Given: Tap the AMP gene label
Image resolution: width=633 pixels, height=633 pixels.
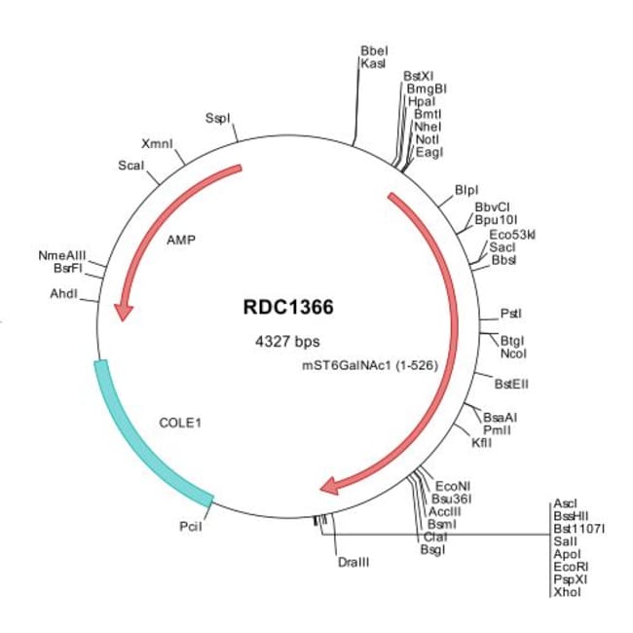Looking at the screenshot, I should pyautogui.click(x=181, y=238).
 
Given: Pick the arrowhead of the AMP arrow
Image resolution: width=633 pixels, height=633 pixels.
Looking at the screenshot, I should pyautogui.click(x=123, y=311).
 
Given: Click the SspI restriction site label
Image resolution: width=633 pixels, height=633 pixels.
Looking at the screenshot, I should pyautogui.click(x=218, y=119).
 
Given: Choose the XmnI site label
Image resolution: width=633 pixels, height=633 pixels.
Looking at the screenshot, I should pyautogui.click(x=157, y=143).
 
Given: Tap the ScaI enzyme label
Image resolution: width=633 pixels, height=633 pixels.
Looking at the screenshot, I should pyautogui.click(x=130, y=166).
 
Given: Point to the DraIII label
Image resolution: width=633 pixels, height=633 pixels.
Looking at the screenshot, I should pyautogui.click(x=354, y=563).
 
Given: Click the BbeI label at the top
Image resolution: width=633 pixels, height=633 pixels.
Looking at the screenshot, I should pyautogui.click(x=374, y=50).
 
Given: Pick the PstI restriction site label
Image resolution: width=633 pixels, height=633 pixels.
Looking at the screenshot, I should pyautogui.click(x=510, y=314).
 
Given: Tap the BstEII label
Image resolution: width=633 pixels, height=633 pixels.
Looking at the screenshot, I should pyautogui.click(x=512, y=384).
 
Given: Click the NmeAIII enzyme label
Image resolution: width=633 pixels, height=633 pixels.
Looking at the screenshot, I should pyautogui.click(x=59, y=255).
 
